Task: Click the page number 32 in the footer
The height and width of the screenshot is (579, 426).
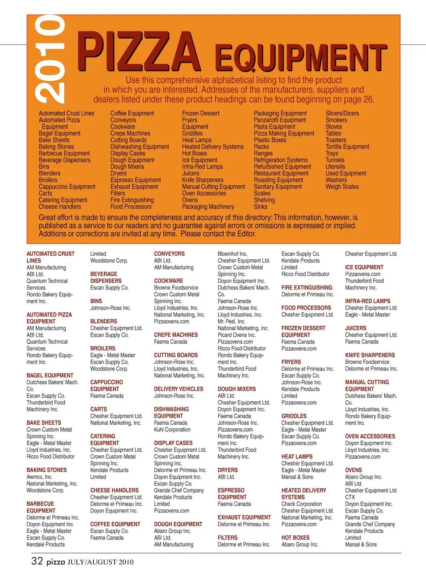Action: tap(37, 561)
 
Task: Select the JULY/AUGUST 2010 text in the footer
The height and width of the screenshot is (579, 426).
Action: tap(100, 562)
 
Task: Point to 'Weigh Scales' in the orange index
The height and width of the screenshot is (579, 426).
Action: tap(342, 187)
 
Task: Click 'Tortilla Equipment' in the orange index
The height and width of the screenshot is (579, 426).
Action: tap(347, 147)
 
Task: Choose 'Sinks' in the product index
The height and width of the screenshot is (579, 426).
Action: tap(260, 207)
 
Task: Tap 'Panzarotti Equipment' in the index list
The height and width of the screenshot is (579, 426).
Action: tap(280, 120)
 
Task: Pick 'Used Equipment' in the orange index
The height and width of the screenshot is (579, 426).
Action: tap(346, 173)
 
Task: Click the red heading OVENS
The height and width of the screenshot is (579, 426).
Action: tap(353, 470)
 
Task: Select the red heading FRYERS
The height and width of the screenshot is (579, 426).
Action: tap(291, 362)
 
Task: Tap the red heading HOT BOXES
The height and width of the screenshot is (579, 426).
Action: tap(295, 538)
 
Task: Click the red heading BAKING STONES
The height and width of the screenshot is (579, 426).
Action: tap(47, 470)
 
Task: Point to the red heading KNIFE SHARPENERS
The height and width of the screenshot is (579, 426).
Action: tap(370, 355)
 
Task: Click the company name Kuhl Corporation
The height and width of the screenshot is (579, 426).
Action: tap(172, 430)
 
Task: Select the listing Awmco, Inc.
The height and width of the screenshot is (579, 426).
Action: tap(39, 477)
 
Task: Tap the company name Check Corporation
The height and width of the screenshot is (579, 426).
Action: tap(302, 504)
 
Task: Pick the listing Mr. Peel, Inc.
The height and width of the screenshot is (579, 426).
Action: tap(231, 321)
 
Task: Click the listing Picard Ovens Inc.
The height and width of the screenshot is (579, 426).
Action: tap(237, 335)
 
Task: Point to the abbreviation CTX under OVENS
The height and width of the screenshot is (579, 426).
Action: tap(350, 497)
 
